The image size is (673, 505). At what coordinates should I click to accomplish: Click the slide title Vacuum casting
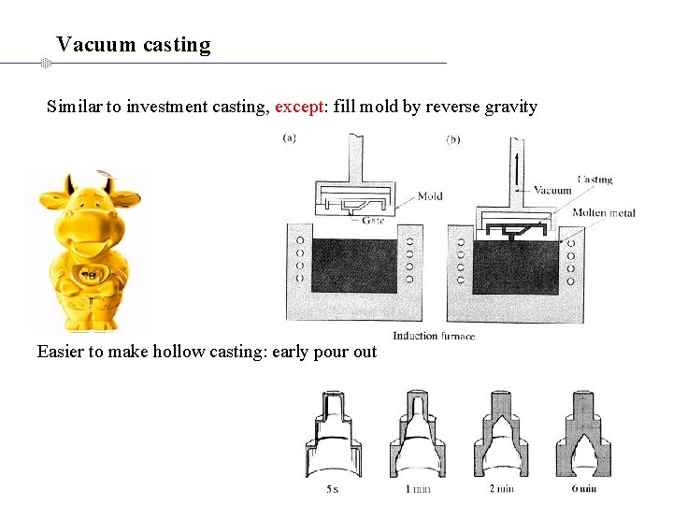(x=133, y=44)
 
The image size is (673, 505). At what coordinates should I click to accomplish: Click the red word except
(x=297, y=107)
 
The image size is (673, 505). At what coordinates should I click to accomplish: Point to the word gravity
(x=509, y=107)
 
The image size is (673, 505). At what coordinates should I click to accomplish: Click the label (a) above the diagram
(x=291, y=138)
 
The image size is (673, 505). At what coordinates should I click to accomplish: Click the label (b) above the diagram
(x=453, y=140)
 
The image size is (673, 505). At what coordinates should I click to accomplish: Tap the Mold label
(x=429, y=196)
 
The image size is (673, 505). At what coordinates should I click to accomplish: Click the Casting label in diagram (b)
(x=594, y=179)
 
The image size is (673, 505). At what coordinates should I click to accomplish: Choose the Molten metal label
(x=604, y=213)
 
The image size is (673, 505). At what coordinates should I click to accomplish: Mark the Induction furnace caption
(x=433, y=336)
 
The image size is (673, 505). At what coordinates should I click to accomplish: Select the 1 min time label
(x=417, y=488)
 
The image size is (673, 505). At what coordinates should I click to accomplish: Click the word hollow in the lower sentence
(x=167, y=352)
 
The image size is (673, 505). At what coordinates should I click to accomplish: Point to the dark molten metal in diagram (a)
(x=354, y=267)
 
